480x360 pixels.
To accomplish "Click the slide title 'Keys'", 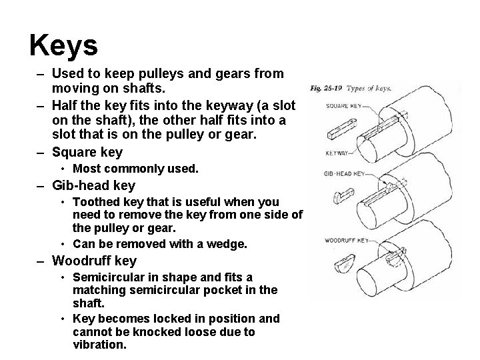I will tap(64, 45).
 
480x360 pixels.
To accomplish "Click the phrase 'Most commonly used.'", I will tap(135, 169).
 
